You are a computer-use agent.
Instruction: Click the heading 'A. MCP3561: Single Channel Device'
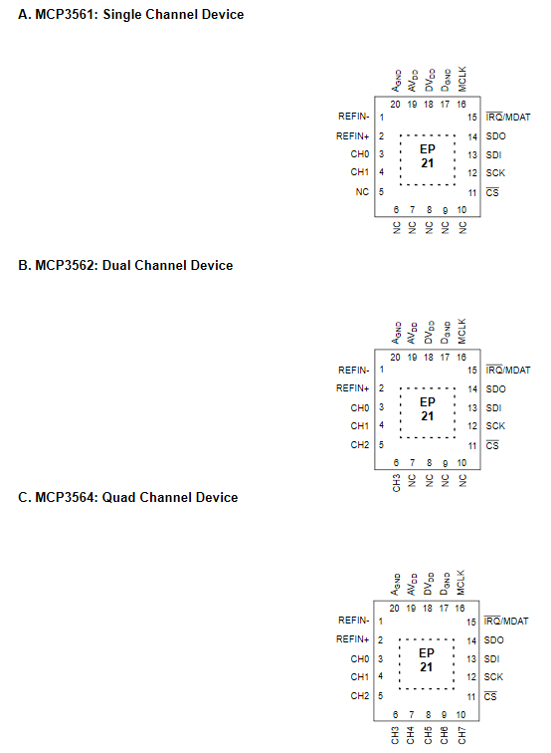coord(131,14)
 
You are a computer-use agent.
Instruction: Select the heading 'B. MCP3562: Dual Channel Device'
coord(125,265)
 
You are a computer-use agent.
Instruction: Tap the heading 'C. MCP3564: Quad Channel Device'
coord(128,497)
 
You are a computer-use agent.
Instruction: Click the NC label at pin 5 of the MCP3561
coord(362,191)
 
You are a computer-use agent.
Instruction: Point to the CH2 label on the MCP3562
coord(360,444)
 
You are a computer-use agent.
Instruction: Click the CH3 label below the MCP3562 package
coord(396,483)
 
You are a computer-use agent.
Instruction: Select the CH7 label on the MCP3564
coord(461,735)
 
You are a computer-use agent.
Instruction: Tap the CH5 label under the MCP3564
coord(428,735)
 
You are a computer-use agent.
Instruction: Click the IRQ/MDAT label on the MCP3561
coord(508,117)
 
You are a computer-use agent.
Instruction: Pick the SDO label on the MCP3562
coord(495,389)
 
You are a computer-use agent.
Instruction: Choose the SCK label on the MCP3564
coord(493,677)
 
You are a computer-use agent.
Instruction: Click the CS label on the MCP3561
coord(492,192)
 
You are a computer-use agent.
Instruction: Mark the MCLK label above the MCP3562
coord(461,332)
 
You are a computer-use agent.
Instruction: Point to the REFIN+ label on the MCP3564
coord(352,639)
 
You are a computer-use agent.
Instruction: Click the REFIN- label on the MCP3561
coord(353,117)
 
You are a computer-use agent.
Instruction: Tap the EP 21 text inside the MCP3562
coord(428,409)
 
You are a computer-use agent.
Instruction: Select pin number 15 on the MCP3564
coord(470,622)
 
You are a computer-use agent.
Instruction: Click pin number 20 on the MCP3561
coord(395,105)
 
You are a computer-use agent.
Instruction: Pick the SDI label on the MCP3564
coord(491,659)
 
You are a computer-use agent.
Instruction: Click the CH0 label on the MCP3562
coord(360,407)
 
